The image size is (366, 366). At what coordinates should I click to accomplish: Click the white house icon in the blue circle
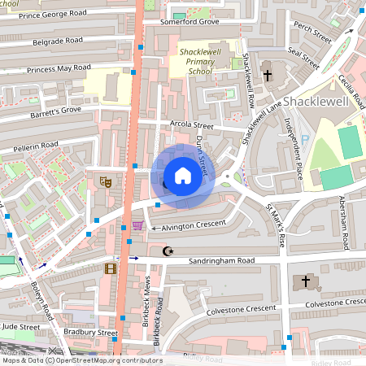183,176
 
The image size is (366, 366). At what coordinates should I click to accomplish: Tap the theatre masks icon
104,181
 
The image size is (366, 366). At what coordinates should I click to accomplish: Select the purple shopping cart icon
137,226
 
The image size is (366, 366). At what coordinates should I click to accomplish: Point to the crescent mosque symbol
168,251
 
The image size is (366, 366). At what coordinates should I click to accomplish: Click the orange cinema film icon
110,268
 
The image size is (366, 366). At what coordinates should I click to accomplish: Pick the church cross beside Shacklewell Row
268,76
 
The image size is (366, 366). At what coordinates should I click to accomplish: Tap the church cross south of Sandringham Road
306,281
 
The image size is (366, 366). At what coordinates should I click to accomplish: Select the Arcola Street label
191,126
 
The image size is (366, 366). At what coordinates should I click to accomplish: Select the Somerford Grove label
196,22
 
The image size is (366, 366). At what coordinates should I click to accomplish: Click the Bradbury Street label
91,333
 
